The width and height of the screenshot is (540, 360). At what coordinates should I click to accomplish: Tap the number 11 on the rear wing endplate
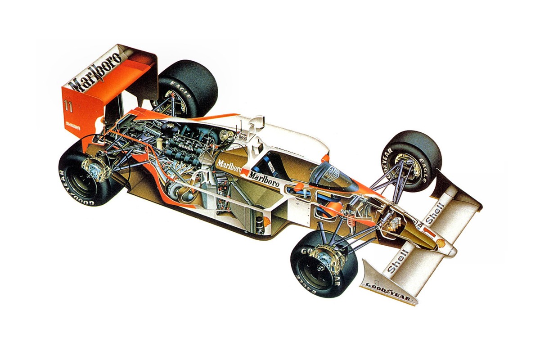[x=69, y=107]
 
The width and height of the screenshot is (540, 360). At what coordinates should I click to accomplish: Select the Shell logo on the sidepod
[x=266, y=222]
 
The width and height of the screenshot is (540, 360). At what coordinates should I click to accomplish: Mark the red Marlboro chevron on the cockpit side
[x=245, y=173]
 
